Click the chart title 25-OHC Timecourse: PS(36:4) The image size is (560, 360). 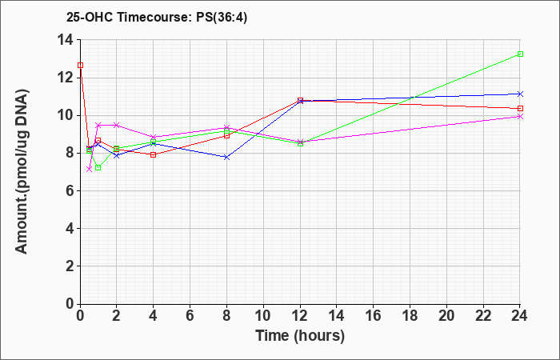(157, 18)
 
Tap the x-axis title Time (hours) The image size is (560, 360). (300, 336)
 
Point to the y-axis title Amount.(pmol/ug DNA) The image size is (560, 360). (22, 171)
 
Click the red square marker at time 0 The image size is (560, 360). (80, 65)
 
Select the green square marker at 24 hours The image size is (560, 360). (520, 54)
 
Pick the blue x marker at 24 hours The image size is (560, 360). (520, 94)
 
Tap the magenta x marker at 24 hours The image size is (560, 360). (520, 117)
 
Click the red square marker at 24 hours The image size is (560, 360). (520, 108)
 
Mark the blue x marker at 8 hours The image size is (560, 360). (226, 157)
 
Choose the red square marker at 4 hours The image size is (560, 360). (154, 154)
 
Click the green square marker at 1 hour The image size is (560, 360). (98, 167)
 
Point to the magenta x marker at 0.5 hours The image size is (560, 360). (90, 169)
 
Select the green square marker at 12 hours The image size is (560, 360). (300, 143)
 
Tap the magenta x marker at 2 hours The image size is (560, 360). (117, 125)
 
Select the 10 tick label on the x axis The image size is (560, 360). (263, 316)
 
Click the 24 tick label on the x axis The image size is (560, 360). (520, 316)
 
